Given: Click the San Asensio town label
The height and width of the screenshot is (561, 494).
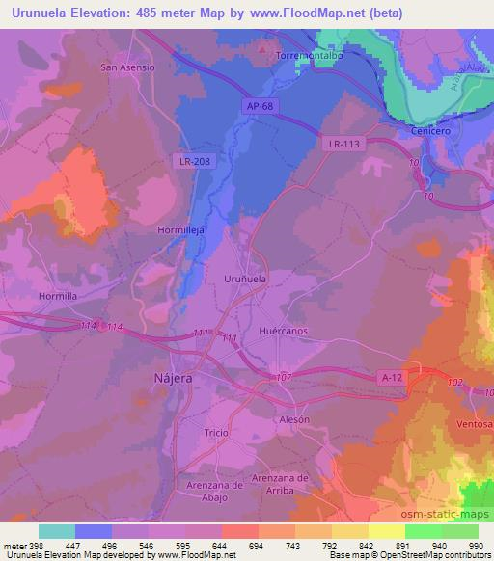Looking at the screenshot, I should coord(127,67).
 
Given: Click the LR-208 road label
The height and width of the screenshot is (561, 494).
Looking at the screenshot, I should coord(191,160).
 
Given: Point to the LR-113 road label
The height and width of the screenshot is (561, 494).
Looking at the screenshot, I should coord(343,143).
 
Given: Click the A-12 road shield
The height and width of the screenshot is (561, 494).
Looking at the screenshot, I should coord(391,379).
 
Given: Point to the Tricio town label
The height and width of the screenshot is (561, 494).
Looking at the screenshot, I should coord(216,433).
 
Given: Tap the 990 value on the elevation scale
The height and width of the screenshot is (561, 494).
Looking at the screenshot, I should coord(476,548).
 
